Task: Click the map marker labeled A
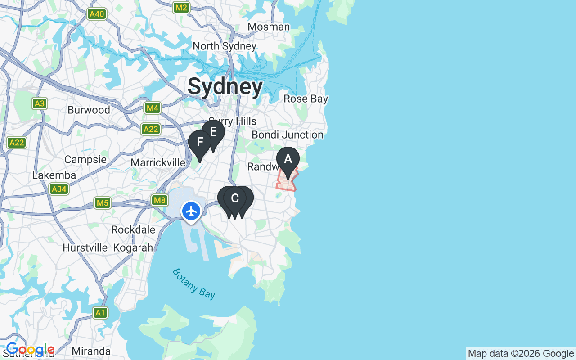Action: [x=288, y=159]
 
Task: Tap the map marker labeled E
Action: [x=213, y=132]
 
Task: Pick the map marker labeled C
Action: [x=234, y=198]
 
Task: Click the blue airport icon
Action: [x=191, y=211]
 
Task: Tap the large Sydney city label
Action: [x=225, y=86]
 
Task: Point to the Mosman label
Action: [x=269, y=27]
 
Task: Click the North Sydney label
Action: [x=225, y=46]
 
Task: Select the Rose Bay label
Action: [x=306, y=99]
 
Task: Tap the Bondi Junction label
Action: [x=287, y=135]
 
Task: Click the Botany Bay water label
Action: [x=194, y=283]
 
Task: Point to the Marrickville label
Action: [x=158, y=162]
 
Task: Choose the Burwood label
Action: [x=89, y=110]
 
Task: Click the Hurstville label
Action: [x=85, y=247]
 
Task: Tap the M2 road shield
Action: [x=181, y=8]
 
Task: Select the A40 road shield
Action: [x=97, y=14]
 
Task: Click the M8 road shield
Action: [x=160, y=200]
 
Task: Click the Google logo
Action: [x=30, y=349]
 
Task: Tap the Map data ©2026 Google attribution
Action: [x=521, y=353]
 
